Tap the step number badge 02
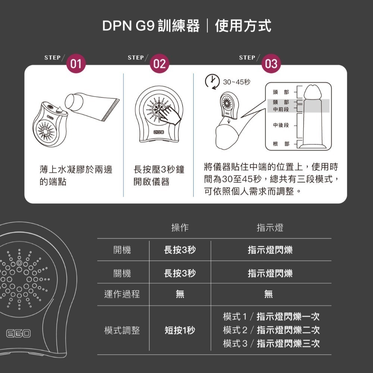[x=159, y=64]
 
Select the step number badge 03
[x=271, y=64]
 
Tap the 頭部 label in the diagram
[x=281, y=92]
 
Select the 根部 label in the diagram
[x=281, y=144]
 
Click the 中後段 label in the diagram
[x=281, y=125]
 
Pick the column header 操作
[x=180, y=228]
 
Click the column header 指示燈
[x=270, y=228]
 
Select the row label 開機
[x=122, y=250]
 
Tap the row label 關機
[x=122, y=273]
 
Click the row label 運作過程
[x=122, y=294]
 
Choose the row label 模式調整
[x=122, y=330]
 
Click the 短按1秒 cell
[x=180, y=330]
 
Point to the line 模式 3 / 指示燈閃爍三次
[x=271, y=344]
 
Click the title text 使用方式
[x=243, y=26]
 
